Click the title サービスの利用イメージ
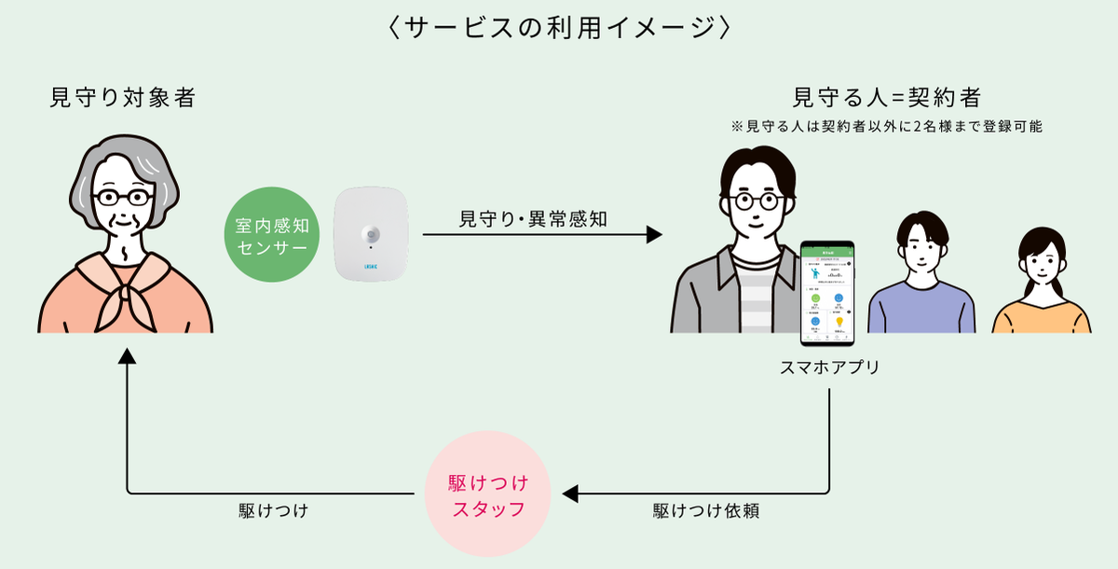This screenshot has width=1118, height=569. coord(559,27)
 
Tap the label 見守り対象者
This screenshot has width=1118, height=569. coord(122,97)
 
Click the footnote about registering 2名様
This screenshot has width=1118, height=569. coord(887,126)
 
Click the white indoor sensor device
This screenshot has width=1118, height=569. coord(371,232)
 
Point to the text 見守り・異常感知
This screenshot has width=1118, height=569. coord(533,219)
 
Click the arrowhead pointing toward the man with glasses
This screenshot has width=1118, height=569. coord(654,235)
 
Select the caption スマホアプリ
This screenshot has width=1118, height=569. coord(829,368)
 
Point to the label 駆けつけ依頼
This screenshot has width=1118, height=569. coord(698,512)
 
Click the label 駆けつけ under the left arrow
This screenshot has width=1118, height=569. coord(273,512)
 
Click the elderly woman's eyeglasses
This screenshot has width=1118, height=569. coord(122,198)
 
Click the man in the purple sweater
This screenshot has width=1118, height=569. coord(921,280)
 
